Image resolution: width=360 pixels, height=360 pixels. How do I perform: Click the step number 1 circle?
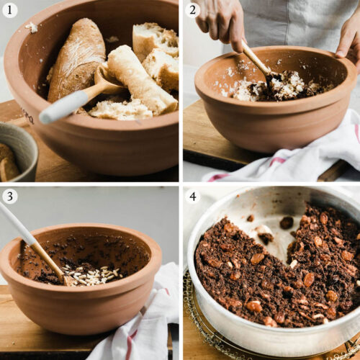10,9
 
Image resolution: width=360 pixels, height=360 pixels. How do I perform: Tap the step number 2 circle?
192,9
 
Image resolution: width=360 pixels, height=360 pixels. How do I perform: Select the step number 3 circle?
10,196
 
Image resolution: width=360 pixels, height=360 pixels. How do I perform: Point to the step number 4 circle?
192,196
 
